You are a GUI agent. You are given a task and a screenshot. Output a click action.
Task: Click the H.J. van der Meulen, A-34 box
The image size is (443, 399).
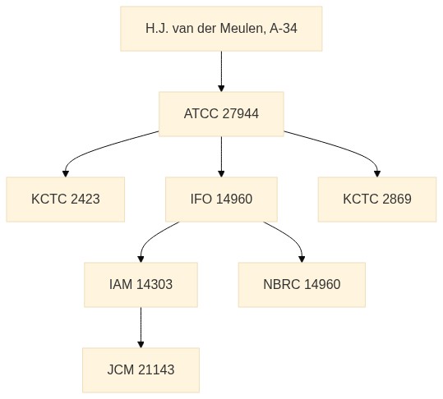221,29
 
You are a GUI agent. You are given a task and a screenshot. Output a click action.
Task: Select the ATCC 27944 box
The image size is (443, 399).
221,114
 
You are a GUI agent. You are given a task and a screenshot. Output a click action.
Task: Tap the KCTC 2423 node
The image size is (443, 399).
66,199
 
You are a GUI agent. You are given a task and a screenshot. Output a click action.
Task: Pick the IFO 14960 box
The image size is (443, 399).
221,199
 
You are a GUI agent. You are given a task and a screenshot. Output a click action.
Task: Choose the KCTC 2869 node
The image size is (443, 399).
377,199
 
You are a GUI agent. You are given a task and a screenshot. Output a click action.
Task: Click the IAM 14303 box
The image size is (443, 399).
141,285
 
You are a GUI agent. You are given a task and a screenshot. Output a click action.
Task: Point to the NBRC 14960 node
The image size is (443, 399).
302,285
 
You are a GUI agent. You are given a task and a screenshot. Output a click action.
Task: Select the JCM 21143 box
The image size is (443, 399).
141,370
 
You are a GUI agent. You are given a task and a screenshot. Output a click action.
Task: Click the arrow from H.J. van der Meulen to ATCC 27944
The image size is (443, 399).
221,71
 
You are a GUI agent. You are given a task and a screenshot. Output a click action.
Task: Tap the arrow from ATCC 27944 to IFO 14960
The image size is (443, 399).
221,157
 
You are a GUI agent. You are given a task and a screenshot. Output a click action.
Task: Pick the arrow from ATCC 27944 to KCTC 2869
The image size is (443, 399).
348,149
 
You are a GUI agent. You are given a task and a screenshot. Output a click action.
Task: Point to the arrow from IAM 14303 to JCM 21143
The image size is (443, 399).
141,328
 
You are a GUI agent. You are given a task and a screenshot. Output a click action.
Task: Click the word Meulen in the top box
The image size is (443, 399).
242,29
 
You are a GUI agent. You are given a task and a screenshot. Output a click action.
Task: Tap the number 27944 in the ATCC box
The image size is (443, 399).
241,114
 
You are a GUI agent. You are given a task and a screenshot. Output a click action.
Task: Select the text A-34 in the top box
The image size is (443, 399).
284,29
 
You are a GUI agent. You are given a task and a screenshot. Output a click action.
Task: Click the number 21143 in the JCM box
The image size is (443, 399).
156,370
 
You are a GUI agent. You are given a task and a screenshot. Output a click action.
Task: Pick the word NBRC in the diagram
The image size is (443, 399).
281,284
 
